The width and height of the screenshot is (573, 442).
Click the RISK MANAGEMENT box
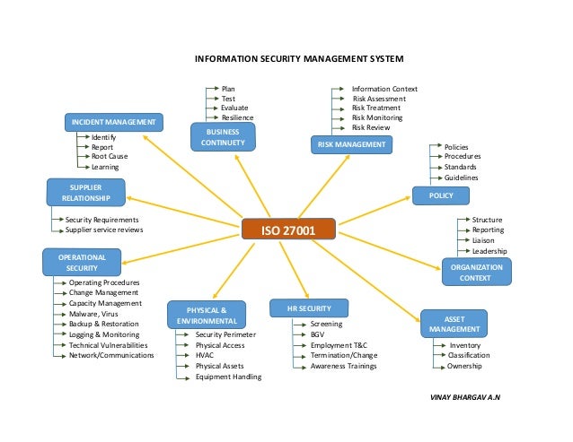coord(351,143)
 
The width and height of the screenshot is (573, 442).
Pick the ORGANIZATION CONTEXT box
coord(475,273)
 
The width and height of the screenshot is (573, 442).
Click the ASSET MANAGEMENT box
coord(454,324)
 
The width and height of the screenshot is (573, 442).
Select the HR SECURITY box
coord(304,308)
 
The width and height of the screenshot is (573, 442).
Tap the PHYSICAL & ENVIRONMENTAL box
coord(207,315)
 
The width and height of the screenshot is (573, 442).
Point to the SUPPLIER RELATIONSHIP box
coord(80,192)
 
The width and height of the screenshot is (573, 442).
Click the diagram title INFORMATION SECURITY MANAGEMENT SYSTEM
coord(299,59)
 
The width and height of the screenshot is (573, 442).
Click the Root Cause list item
coord(110,157)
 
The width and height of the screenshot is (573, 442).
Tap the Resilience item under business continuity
coord(238,118)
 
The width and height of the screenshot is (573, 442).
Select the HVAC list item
coord(205,355)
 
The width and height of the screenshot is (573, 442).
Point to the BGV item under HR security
coord(317,334)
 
